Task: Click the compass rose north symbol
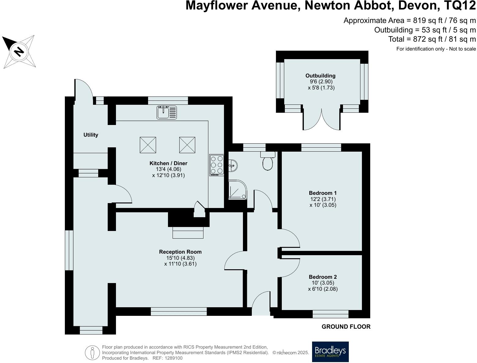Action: point(19,51)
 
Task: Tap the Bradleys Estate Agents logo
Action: point(330,352)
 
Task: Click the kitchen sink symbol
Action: point(167,112)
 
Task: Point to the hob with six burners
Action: point(217,165)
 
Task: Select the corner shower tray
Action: point(237,190)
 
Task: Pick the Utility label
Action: point(91,135)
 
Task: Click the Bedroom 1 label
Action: point(322,193)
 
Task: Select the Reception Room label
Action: point(180,252)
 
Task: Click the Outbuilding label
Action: point(320,76)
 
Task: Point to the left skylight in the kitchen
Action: point(148,145)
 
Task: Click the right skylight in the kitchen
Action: point(187,145)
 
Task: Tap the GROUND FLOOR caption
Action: point(346,327)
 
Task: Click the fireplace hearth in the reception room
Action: point(188,233)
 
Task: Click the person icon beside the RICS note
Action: point(92,352)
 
